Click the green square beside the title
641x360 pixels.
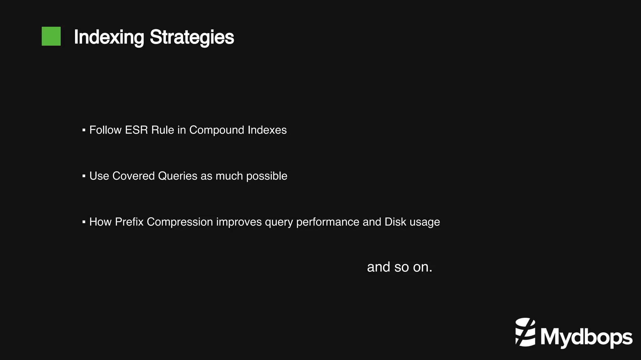tap(51, 36)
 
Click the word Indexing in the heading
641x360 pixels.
tap(109, 37)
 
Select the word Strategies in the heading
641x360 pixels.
tap(192, 37)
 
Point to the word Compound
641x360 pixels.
tap(217, 130)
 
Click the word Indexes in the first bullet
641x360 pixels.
tap(267, 130)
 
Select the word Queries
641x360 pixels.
tap(177, 176)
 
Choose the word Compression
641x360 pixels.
tap(180, 222)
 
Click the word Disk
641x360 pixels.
tap(395, 222)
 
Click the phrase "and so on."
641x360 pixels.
tap(399, 267)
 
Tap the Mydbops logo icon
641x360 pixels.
tap(525, 332)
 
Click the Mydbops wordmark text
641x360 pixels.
tap(586, 337)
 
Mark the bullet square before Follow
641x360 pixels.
tap(84, 130)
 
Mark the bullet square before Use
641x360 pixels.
tap(84, 176)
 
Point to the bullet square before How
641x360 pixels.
tap(84, 222)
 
